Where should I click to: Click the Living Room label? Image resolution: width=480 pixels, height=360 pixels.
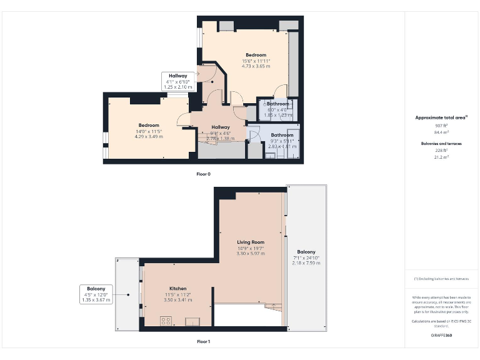coord(250,242)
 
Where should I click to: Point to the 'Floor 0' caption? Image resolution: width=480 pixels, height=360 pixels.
coord(203,174)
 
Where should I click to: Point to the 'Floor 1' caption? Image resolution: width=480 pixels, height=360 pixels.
coord(203,342)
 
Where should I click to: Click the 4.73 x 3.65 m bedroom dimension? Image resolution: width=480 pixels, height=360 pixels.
coord(256,66)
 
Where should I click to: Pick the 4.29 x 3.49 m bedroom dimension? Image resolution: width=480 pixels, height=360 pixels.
coord(149,136)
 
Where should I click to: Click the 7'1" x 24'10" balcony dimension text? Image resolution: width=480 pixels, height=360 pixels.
coord(306,257)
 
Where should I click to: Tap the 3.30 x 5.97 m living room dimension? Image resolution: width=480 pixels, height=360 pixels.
coord(250,253)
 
